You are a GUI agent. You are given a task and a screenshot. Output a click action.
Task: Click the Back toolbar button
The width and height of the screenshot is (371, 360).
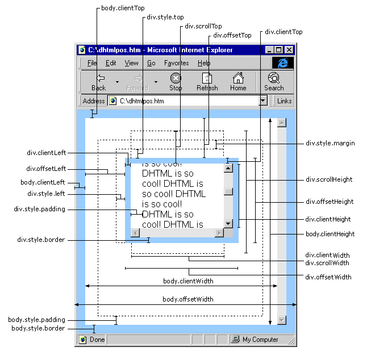(99, 82)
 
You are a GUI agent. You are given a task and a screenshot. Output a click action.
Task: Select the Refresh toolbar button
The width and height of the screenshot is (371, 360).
(207, 82)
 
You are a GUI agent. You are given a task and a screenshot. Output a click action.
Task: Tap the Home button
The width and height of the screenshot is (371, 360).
(238, 82)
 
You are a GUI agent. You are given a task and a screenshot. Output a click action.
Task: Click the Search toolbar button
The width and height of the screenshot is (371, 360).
(273, 82)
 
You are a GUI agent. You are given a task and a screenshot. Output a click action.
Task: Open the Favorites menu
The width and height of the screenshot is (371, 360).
(176, 63)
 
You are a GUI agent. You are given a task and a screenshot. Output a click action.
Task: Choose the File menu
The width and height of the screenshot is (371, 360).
(92, 63)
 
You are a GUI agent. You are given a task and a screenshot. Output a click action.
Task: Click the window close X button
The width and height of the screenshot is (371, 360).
(289, 50)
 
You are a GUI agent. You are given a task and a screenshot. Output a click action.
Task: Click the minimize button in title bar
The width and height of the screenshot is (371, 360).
(269, 50)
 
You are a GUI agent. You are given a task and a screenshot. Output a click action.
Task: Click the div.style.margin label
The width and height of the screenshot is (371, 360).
(330, 143)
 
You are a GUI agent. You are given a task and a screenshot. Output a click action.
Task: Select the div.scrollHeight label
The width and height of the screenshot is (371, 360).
(329, 179)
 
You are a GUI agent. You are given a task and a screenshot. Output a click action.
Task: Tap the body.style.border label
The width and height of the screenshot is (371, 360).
(38, 328)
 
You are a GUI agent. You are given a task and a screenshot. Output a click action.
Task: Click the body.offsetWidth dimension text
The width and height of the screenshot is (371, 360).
(188, 299)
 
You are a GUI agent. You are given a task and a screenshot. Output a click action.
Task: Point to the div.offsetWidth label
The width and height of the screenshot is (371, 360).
(328, 277)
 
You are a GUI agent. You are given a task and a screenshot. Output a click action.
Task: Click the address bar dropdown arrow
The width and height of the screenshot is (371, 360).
(262, 101)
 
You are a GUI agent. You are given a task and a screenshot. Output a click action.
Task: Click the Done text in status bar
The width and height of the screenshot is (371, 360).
(97, 340)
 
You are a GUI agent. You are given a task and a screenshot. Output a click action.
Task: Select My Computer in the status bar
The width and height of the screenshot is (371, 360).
(260, 340)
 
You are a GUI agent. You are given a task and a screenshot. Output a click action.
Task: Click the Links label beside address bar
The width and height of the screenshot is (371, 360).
(285, 101)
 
